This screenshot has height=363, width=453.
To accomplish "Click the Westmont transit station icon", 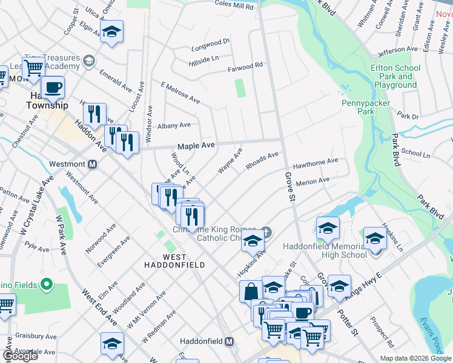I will point(93,164).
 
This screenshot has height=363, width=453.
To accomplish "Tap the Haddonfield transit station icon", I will point(229,341).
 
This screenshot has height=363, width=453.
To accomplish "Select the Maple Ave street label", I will point(196,146).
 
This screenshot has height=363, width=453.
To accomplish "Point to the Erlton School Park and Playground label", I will point(395,77).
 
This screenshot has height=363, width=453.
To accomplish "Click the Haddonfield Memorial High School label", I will point(326,250).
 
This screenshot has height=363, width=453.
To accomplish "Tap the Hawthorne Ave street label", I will point(315,162).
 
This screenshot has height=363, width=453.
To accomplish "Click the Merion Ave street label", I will point(312,180).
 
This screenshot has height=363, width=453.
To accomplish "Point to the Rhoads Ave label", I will point(262,159).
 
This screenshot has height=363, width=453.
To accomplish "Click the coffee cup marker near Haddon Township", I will point(53,88).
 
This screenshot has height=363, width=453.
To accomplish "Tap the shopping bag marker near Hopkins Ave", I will point(251,291).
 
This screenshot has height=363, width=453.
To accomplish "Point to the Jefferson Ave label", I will point(398,49).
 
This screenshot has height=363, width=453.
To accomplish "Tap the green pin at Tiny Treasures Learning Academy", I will point(89,60).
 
